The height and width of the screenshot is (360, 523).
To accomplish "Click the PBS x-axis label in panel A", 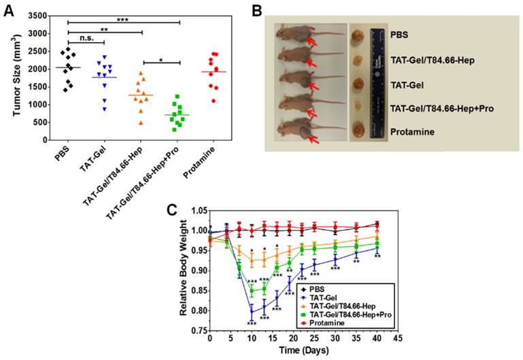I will point(61,154).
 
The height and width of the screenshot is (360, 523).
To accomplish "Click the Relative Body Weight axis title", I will point(184,279).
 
